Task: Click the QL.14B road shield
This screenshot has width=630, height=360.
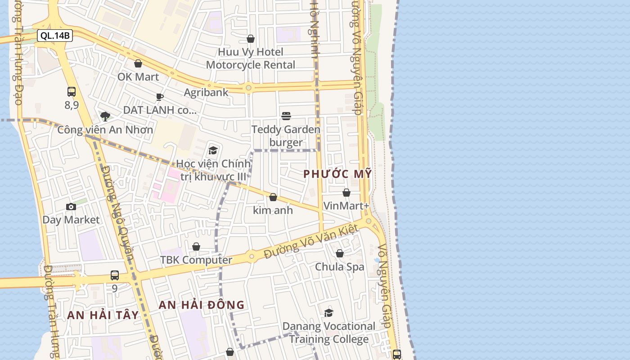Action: pos(55,36)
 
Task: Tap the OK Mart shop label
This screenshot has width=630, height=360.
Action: pos(138,77)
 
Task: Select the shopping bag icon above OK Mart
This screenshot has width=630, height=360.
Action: pos(138,63)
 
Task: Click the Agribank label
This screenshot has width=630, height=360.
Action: pos(206,92)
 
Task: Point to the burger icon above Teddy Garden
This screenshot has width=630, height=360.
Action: pos(286,116)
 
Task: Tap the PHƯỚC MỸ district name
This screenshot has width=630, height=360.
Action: pos(337,174)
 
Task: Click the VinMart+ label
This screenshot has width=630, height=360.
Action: pos(346,206)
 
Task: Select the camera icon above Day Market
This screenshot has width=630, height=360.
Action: pos(71,207)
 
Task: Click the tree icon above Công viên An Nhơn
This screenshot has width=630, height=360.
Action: pos(105,117)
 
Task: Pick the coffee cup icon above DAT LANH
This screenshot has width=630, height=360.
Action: pos(159,97)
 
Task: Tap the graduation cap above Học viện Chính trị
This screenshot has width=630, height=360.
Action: pos(213,150)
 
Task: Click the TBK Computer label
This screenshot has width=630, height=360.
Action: pos(196,260)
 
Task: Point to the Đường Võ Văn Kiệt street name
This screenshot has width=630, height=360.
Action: pos(311,242)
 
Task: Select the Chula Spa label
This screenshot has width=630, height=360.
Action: pos(339,267)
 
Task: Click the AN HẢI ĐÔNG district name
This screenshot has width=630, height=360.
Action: pos(202,305)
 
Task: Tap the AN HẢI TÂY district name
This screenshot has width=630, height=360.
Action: pos(103,315)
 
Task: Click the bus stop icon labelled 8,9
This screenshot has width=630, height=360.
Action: pos(72,92)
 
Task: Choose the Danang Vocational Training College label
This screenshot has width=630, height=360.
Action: pos(329,333)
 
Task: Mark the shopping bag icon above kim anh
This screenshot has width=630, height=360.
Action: pos(273,197)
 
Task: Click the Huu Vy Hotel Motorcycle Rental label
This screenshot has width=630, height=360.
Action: pos(251,58)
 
